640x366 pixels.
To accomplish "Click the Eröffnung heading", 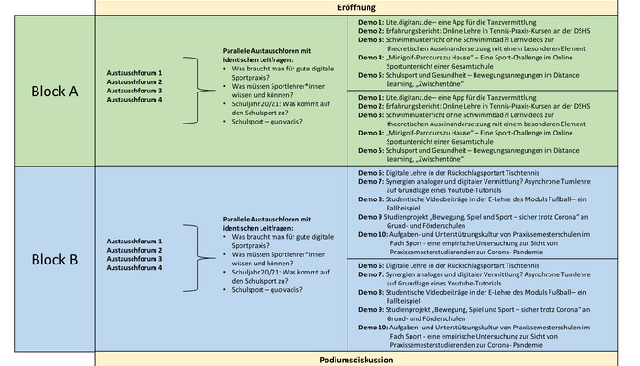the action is coord(357,7).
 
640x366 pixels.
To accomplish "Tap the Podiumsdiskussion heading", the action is coord(357,360).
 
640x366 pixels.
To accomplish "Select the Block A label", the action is coord(55,91).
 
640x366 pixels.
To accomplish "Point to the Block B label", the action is coord(55,259).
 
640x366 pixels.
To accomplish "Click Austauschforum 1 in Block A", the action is coord(134,73).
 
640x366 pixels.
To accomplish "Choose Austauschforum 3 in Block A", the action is coord(134,91).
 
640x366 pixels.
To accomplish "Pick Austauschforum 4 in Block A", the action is coord(134,99).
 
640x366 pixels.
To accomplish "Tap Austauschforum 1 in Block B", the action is coord(134,242).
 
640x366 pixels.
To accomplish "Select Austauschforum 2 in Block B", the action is coord(134,250).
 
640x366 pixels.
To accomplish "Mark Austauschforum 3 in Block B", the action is coord(134,259).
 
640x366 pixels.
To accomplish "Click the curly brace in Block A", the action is coord(198,91).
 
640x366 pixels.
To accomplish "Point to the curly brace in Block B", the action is coord(198,258).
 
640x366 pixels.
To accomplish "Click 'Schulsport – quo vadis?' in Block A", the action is coord(267,122).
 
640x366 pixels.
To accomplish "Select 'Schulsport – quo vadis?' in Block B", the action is coord(267,290).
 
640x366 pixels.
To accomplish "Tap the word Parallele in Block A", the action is coord(236,51).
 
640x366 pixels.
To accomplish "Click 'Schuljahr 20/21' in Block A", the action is coord(256,104).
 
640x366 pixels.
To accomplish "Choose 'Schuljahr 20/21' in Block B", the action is coord(256,273).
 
